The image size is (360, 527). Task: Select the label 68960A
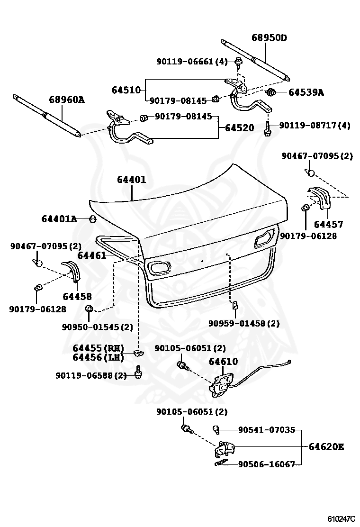point(66,100)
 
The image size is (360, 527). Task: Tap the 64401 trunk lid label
point(132,180)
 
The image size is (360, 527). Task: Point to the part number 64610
point(224,362)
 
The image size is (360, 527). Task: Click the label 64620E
point(326,446)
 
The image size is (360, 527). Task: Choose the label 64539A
point(306,92)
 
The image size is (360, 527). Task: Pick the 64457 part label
point(328,224)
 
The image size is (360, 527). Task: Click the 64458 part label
point(77,297)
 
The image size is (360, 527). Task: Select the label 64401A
point(59,219)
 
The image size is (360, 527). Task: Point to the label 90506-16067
point(266,464)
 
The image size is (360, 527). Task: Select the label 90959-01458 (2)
point(244,324)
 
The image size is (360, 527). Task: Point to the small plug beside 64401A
point(93,219)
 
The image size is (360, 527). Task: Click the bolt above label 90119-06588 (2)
point(138,372)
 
